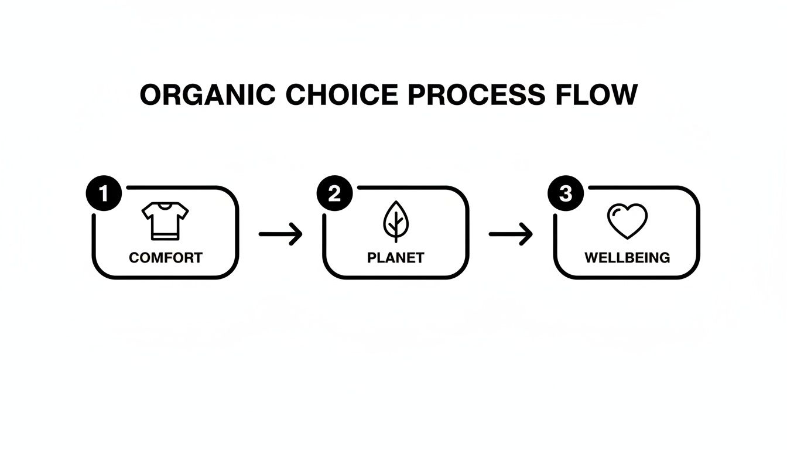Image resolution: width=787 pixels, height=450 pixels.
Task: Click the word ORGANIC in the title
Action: coord(204,96)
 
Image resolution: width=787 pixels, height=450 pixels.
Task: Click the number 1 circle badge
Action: coord(104,194)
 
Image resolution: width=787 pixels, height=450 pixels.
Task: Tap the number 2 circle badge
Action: coord(334,194)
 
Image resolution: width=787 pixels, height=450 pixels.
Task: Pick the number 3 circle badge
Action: coord(565,194)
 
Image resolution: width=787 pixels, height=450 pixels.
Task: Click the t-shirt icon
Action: coord(165,220)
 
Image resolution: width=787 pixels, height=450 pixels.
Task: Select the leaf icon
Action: coord(396,221)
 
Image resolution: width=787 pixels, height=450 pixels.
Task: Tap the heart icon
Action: coord(627,221)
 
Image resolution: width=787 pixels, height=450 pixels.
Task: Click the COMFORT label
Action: coord(165,257)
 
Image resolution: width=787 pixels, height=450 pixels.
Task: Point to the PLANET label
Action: coord(396,257)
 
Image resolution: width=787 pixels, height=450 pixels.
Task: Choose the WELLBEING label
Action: coord(627,257)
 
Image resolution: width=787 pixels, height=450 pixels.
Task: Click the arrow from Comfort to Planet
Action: coord(280,234)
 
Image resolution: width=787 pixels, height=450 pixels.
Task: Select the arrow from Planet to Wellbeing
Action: coord(511,234)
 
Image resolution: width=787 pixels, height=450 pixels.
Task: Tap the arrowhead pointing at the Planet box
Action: coord(298,234)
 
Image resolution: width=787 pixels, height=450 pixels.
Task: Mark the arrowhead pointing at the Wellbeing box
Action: coord(528,234)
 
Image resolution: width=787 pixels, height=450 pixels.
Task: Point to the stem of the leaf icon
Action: coord(396,234)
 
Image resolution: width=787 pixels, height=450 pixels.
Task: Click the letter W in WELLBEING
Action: coord(591,257)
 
